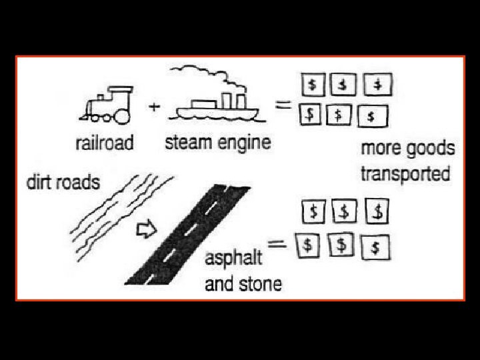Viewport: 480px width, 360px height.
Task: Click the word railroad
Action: click(104, 142)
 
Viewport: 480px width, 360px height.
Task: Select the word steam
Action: click(189, 142)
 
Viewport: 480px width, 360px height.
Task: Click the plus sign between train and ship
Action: click(153, 107)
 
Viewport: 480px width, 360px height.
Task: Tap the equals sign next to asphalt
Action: click(278, 244)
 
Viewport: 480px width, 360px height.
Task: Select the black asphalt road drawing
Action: click(187, 233)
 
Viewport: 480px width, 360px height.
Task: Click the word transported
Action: click(405, 174)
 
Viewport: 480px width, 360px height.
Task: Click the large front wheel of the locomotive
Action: click(122, 116)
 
